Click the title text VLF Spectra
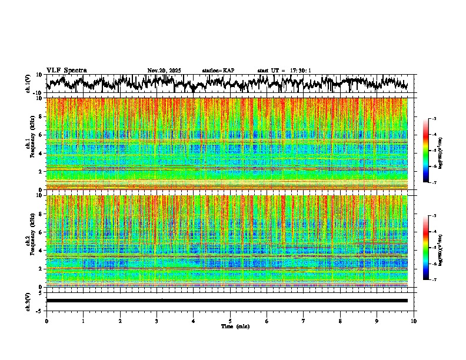coord(66,71)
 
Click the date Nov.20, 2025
coord(164,71)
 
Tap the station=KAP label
coord(218,71)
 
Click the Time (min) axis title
coord(235,326)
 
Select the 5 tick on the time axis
coord(230,321)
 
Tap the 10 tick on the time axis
coord(414,321)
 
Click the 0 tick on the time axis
coord(46,321)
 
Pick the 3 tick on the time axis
coord(157,321)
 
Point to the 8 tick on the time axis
coord(340,321)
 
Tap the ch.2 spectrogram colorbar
coord(433,248)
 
